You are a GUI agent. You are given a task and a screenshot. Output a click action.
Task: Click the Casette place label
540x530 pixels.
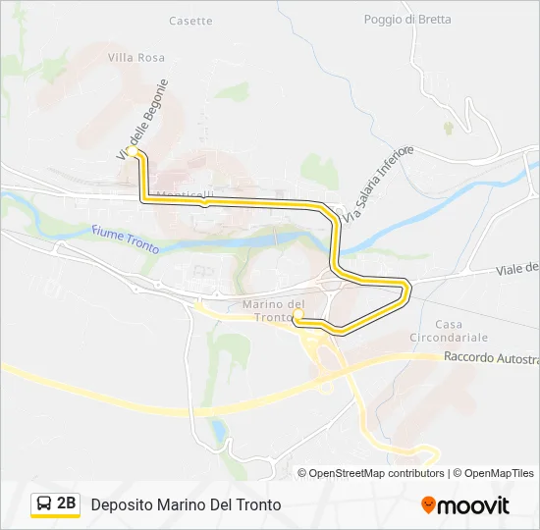coord(190,21)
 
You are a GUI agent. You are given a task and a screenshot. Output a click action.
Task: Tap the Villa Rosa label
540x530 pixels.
coord(136,58)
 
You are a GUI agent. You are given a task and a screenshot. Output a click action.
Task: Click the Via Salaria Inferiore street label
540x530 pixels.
coord(379,183)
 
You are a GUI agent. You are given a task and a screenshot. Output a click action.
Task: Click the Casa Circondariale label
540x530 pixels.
coord(449,332)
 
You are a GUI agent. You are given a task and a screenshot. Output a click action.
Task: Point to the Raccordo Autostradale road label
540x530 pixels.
coord(491,358)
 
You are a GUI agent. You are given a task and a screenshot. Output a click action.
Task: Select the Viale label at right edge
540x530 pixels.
coord(517,268)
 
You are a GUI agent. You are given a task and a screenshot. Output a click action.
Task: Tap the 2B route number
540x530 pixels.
coord(67,503)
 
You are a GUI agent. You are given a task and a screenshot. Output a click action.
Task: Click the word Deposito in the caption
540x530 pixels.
coord(122,504)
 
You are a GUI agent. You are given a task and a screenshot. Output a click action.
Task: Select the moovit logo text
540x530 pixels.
coord(473,505)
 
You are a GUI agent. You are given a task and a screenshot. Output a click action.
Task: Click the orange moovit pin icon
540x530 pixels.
coord(428,504)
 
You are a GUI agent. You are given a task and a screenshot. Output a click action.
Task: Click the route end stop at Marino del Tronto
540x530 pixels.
coord(297,316)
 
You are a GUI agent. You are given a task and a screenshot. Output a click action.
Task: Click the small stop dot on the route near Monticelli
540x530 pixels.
coord(203,203)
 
